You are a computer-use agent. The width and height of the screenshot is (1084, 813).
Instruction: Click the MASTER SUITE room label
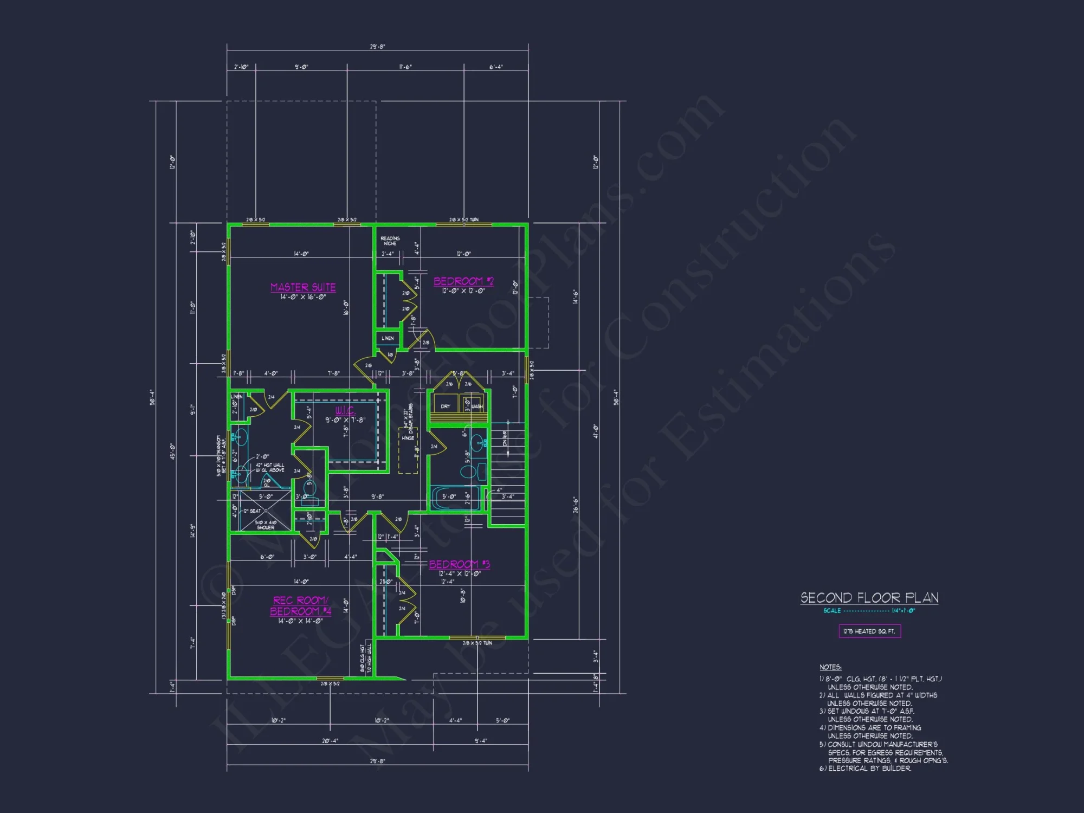point(303,287)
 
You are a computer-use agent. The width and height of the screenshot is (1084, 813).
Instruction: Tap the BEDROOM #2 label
point(463,281)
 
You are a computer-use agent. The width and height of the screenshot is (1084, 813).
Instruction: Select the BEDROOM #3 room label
point(459,564)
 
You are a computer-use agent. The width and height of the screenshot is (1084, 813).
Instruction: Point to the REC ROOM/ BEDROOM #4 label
point(300,606)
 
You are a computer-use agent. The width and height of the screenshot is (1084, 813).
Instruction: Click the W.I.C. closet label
point(345,410)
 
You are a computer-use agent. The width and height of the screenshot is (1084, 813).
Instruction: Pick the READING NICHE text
point(390,241)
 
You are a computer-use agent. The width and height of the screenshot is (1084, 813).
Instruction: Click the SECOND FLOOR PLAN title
point(869,598)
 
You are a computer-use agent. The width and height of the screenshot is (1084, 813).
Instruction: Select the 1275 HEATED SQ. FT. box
point(869,631)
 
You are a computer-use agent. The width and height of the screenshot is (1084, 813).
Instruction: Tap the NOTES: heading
point(830,667)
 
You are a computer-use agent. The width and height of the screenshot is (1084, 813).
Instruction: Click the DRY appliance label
point(446,406)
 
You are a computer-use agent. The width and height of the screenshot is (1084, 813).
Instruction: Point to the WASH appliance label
point(477,406)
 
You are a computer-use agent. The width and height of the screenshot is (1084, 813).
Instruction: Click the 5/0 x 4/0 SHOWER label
point(266,525)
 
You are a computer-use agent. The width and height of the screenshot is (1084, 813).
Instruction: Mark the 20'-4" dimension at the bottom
point(330,741)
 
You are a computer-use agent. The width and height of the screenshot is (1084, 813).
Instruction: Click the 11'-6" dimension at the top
point(405,67)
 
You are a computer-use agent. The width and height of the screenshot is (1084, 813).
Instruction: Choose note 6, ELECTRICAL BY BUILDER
point(866,769)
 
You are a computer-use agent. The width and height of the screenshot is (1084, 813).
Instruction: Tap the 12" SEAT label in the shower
point(252,511)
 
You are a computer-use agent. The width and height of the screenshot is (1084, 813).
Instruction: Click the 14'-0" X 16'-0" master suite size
point(303,297)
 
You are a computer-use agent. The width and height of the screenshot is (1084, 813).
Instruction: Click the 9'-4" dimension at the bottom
point(481,741)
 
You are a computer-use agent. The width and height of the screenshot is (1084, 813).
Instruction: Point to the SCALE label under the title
point(832,611)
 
